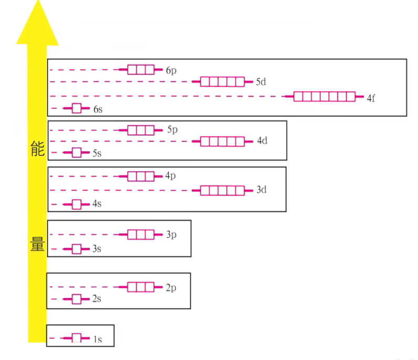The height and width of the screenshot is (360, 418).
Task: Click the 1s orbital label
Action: point(98,340)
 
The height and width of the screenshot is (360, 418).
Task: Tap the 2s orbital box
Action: point(77,299)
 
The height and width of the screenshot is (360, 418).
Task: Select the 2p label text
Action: point(170,287)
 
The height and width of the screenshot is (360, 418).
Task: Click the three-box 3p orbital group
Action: point(141,234)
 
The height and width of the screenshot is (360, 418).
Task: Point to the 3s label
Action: point(97,249)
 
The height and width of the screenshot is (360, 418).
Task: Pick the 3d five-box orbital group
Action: point(222,190)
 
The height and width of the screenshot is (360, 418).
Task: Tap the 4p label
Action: point(170,176)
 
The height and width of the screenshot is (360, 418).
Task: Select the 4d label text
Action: point(262,141)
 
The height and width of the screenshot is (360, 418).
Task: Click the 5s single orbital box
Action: point(77,152)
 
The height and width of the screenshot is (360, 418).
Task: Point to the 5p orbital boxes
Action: point(141,130)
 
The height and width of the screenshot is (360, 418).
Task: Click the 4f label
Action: point(371,98)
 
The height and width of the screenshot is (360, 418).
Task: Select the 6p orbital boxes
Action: point(141,70)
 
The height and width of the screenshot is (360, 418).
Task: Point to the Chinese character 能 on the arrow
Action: point(37,151)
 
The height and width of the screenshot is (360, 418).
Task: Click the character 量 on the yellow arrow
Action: point(37,245)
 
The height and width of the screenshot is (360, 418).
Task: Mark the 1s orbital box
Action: point(77,338)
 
